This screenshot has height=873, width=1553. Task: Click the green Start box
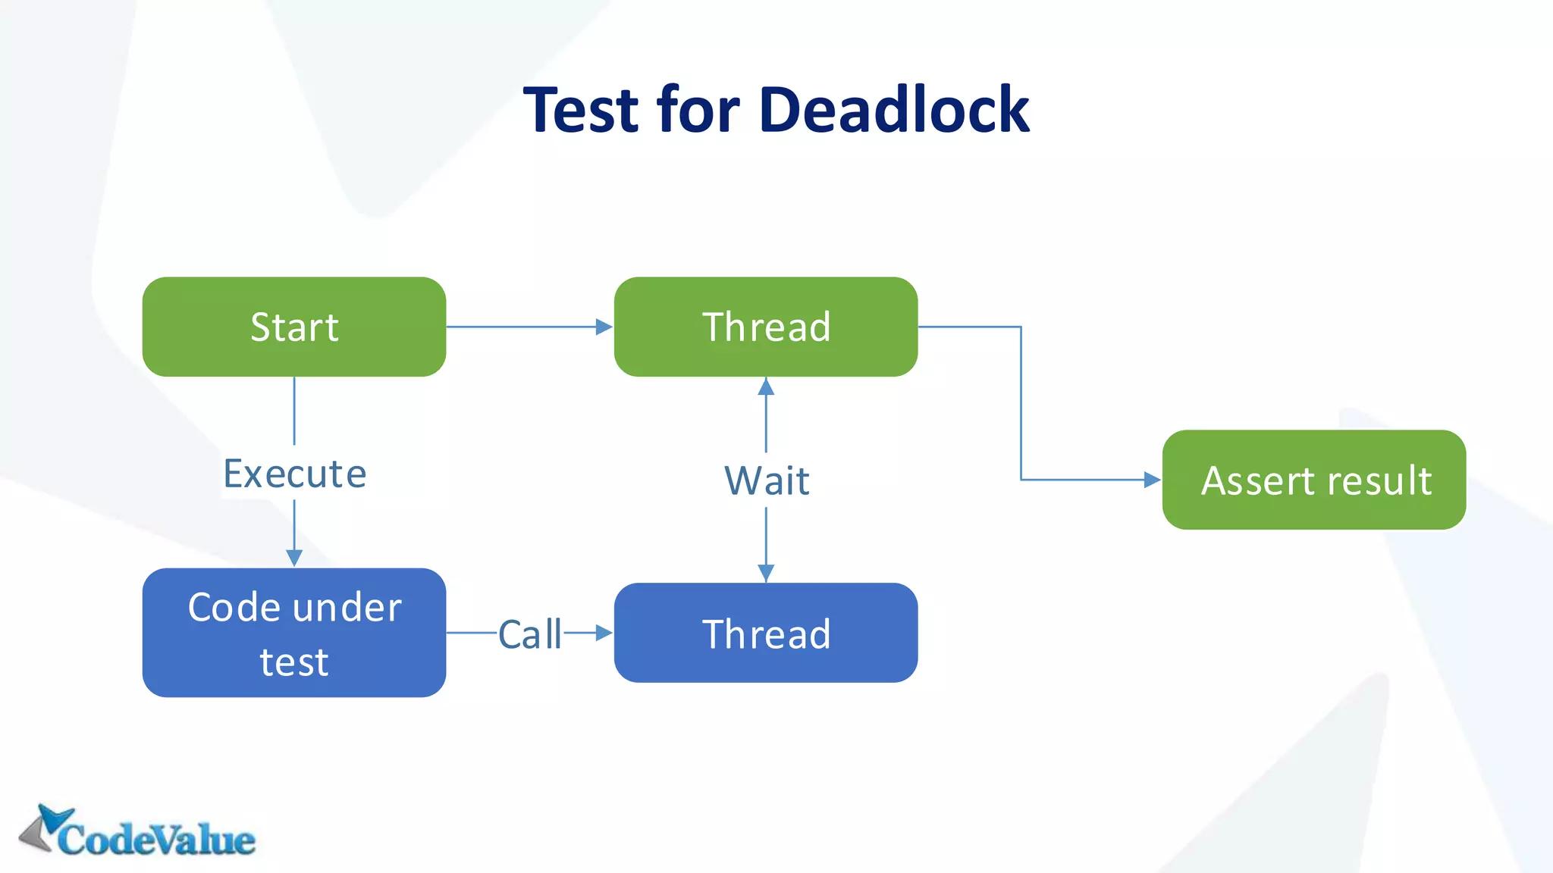coord(294,327)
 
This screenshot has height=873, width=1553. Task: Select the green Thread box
coord(766,327)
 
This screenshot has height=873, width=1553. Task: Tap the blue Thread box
coord(766,633)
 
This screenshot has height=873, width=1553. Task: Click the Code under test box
coord(294,633)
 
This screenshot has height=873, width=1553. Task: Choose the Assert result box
coord(1313,480)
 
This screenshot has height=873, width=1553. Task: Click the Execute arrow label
coord(294,474)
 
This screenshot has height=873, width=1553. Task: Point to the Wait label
coord(767,480)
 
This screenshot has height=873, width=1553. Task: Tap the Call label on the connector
coord(529,634)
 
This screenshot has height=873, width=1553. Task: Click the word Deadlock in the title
coord(894,110)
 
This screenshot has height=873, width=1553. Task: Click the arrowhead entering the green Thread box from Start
coord(604,327)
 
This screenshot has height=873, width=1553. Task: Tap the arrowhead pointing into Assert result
coord(1152,480)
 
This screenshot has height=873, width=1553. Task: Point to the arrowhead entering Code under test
coord(294,559)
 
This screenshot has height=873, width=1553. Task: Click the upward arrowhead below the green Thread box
coord(766,387)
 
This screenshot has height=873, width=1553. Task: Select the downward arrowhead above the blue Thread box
coord(766,573)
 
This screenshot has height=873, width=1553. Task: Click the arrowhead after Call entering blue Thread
coord(604,633)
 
